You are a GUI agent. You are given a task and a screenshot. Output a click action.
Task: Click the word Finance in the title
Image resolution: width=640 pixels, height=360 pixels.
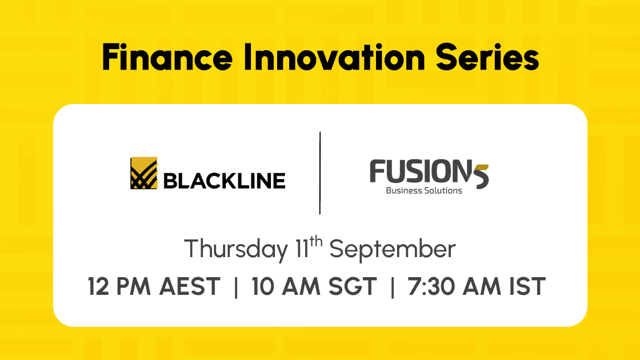tap(167, 58)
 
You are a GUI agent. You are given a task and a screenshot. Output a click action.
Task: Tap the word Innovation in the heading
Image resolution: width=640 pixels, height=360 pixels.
tap(334, 58)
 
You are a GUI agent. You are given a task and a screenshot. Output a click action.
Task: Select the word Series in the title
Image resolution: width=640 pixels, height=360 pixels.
tap(487, 58)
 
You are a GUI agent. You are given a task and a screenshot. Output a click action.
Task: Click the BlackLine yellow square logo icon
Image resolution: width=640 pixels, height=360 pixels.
tap(143, 173)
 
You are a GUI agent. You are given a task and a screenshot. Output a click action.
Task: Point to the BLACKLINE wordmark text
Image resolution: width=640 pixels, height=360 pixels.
tap(224, 181)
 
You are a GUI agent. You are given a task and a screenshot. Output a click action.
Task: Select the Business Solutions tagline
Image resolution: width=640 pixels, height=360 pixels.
tap(424, 190)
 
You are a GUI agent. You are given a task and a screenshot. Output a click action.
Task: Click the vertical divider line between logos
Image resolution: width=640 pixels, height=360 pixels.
tap(320, 173)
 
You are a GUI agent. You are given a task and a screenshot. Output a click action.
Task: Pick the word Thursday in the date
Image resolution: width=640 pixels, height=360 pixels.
tap(236, 249)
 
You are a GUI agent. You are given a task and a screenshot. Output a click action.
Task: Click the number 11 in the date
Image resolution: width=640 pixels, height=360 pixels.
tap(302, 249)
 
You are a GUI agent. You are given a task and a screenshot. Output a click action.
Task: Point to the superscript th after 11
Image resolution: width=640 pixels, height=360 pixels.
tap(315, 242)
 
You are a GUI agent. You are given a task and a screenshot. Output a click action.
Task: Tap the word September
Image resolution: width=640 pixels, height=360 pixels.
tap(392, 249)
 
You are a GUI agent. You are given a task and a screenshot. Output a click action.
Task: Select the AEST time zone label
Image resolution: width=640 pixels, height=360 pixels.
tap(190, 286)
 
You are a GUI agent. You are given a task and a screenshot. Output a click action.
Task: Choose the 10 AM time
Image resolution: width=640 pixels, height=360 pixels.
tap(286, 286)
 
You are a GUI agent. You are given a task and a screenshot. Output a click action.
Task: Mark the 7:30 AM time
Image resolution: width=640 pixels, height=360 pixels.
tap(454, 286)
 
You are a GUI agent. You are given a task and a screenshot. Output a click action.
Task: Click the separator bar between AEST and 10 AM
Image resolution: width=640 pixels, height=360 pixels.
tap(236, 287)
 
